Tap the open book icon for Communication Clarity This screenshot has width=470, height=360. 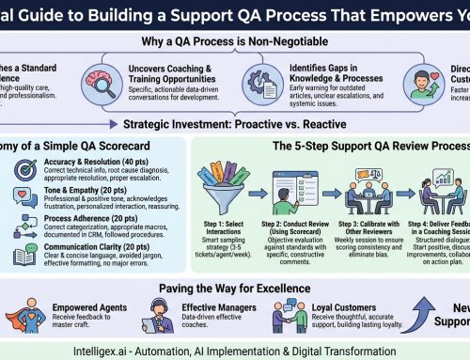(x=26, y=254)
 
